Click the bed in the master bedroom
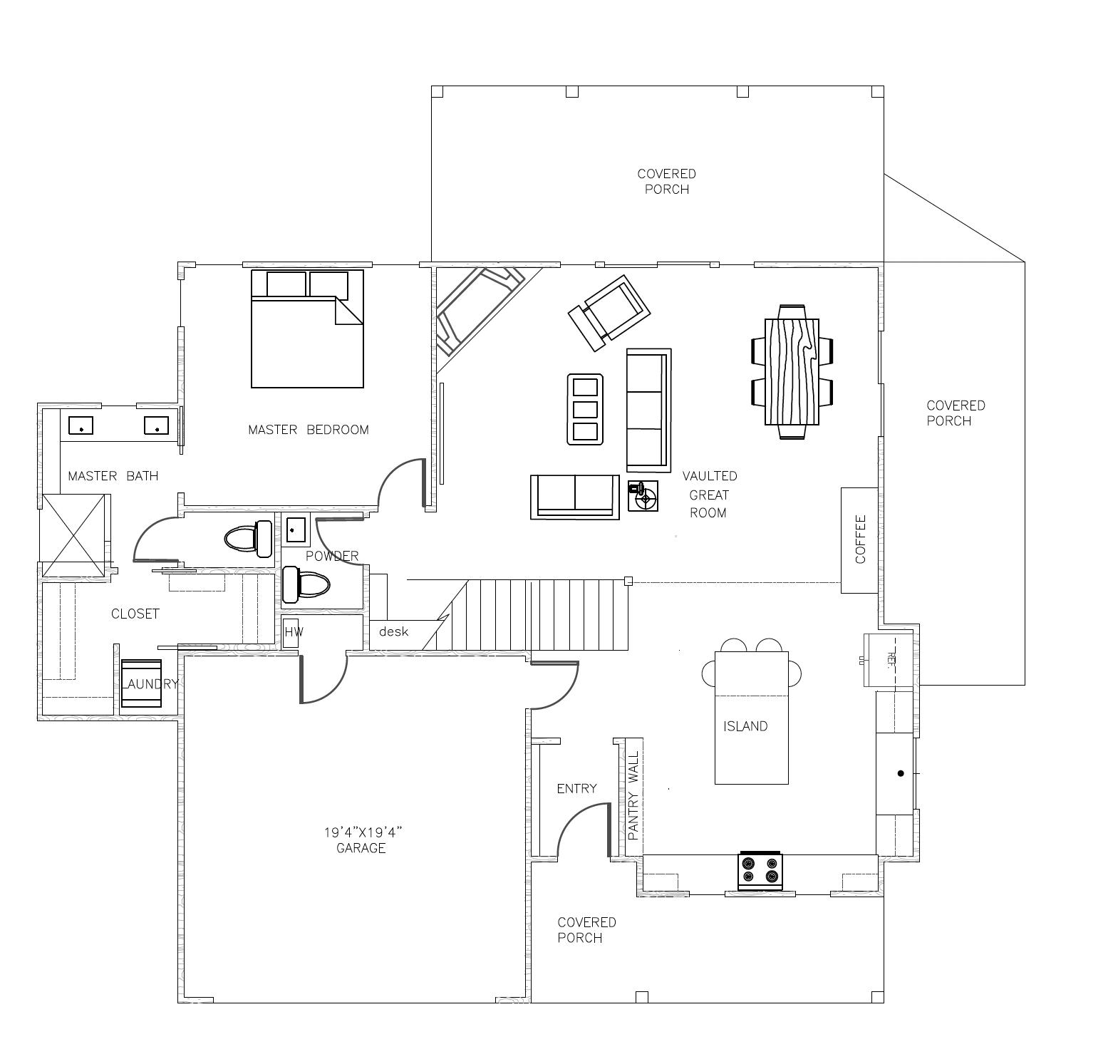(x=307, y=329)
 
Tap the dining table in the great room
(x=792, y=371)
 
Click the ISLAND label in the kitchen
(x=745, y=726)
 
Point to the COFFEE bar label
(x=860, y=539)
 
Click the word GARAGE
(x=361, y=848)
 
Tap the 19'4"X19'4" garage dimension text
(x=363, y=832)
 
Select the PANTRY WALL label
(x=633, y=794)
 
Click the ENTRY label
(x=576, y=788)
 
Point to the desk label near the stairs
(x=393, y=631)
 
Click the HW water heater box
(x=291, y=632)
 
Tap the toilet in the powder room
(x=306, y=584)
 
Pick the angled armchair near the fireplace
(x=609, y=313)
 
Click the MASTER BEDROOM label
(x=309, y=430)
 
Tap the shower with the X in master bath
(x=73, y=536)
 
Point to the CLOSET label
(x=135, y=614)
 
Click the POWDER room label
(x=332, y=556)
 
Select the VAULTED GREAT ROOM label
(x=709, y=494)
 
